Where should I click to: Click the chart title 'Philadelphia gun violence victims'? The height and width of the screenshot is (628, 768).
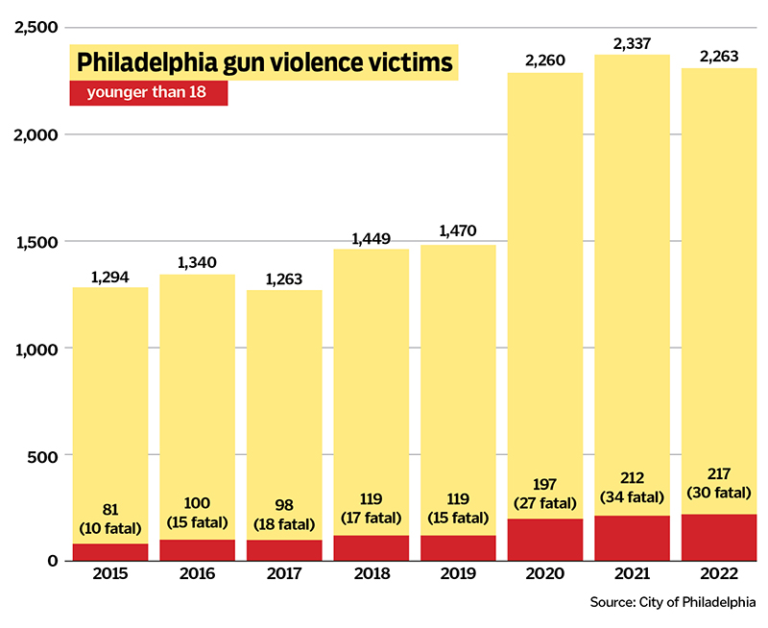click(x=264, y=62)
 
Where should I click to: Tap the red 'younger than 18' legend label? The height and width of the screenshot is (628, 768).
click(x=149, y=93)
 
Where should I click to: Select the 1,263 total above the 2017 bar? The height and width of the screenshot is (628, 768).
click(x=284, y=279)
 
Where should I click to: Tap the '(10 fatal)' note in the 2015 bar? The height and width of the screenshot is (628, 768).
click(x=110, y=528)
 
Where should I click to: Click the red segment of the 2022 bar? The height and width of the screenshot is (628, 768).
click(x=718, y=538)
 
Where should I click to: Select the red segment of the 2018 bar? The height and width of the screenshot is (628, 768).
click(x=372, y=547)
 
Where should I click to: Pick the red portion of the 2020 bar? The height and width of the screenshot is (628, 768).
click(x=545, y=540)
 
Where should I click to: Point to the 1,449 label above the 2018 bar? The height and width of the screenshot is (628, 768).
click(x=372, y=238)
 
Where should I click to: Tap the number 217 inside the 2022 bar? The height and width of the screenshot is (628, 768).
click(x=718, y=475)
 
